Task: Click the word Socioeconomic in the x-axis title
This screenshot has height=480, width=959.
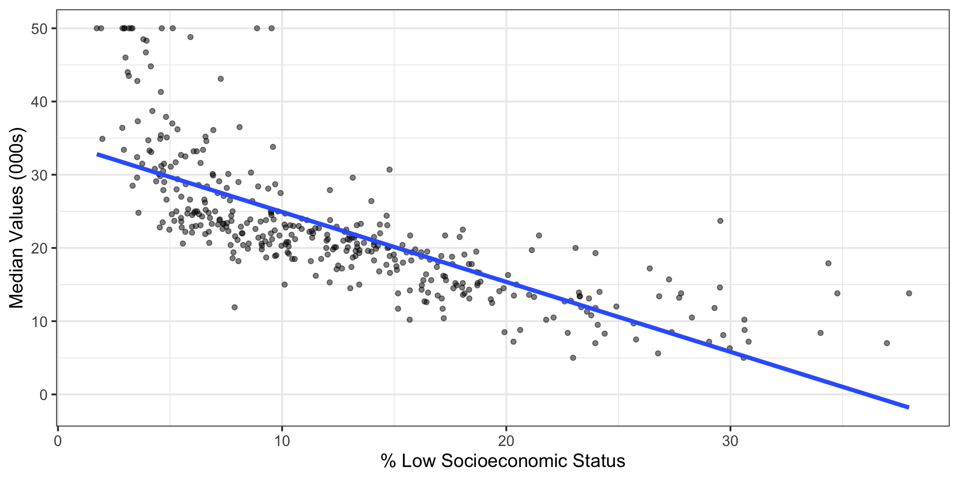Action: pos(505,460)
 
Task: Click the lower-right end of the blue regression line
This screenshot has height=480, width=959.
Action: pos(909,407)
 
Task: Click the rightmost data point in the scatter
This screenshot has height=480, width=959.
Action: pos(909,293)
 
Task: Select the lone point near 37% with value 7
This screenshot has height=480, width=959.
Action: pos(887,343)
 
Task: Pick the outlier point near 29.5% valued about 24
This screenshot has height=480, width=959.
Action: pos(720,220)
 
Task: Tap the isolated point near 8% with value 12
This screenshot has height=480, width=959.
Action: pos(234,307)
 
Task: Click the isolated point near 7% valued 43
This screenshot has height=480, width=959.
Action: pos(220,78)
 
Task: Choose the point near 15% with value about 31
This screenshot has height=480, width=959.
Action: pos(389,169)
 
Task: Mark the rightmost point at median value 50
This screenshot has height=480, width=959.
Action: pos(271,28)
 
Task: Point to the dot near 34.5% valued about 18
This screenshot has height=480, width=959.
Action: pos(828,263)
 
